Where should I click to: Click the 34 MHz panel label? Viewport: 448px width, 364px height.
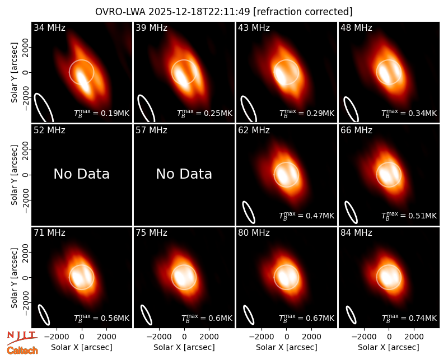(49, 27)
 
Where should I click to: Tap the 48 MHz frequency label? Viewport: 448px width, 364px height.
(356, 27)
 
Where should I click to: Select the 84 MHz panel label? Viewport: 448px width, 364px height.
(356, 233)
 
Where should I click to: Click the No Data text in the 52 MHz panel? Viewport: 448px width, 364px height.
(82, 174)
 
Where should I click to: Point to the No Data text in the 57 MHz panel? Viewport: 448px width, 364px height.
(184, 174)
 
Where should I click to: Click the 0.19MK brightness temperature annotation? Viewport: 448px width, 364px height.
(102, 113)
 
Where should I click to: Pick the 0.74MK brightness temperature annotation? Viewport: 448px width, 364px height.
(409, 318)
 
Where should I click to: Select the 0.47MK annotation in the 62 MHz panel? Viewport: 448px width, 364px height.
(306, 216)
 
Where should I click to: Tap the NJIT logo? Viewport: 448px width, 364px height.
(22, 337)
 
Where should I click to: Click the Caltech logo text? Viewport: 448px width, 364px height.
(22, 351)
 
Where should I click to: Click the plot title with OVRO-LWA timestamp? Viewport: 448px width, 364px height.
(223, 12)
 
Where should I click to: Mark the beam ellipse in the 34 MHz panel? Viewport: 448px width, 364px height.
(44, 107)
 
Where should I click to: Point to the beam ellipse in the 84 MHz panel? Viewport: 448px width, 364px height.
(351, 315)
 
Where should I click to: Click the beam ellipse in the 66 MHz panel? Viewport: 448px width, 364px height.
(351, 212)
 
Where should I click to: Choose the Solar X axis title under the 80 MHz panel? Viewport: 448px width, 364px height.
(287, 347)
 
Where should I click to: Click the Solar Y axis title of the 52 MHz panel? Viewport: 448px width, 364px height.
(14, 175)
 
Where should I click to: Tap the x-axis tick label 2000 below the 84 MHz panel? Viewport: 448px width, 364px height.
(414, 337)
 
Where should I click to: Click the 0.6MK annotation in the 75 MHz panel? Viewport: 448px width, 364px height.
(207, 318)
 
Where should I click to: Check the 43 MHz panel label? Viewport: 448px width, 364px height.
(254, 27)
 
